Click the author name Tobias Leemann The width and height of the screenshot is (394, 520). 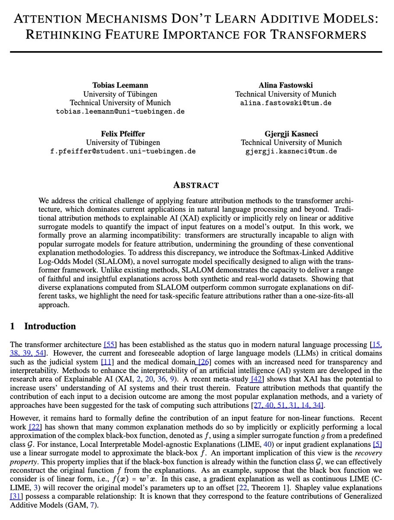click(x=120, y=85)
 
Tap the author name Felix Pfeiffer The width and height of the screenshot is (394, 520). click(x=123, y=133)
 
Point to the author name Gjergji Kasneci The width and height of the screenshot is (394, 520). click(x=291, y=133)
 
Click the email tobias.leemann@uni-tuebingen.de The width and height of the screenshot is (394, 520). click(x=120, y=111)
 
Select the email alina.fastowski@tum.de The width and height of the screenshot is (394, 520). click(x=285, y=103)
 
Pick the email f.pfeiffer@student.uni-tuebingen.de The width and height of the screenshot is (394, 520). click(x=123, y=151)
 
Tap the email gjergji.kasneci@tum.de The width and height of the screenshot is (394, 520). click(x=291, y=151)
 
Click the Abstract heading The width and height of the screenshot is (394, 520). click(x=196, y=185)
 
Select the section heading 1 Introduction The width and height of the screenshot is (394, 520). click(x=43, y=326)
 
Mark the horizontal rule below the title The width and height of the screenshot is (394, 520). click(x=196, y=52)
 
